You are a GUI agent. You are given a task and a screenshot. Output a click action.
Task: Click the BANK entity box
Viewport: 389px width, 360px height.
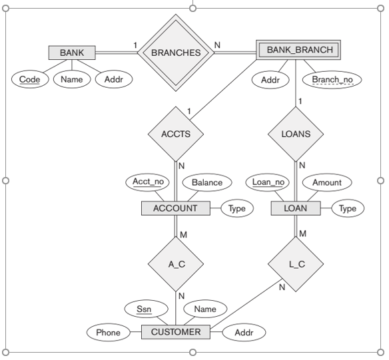click(72, 53)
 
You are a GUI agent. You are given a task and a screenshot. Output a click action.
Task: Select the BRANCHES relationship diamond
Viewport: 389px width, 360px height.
click(176, 53)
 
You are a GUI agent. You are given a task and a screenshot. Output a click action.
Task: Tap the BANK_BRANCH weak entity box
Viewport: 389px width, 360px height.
click(298, 50)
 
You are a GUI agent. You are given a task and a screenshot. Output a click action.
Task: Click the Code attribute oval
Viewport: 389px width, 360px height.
click(30, 80)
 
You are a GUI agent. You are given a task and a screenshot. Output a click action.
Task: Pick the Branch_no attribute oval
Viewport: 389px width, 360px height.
click(332, 80)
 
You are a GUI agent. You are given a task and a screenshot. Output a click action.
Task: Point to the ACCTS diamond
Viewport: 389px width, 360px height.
click(176, 134)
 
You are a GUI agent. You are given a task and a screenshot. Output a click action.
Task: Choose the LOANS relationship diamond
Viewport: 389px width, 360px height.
click(296, 134)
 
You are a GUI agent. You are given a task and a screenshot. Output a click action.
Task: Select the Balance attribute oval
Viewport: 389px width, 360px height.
click(207, 182)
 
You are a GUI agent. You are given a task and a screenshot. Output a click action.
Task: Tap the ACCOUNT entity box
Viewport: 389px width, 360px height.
click(175, 208)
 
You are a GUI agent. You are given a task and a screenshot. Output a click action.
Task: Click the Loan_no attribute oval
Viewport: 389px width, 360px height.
click(268, 182)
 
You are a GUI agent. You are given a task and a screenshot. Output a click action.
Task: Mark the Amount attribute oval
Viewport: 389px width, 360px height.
click(327, 182)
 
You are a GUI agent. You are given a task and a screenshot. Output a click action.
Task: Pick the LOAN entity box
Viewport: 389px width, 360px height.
click(296, 208)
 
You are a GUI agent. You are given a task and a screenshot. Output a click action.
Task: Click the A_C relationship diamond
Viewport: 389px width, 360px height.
click(176, 264)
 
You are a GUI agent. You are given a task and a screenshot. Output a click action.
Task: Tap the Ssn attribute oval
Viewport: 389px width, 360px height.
click(144, 309)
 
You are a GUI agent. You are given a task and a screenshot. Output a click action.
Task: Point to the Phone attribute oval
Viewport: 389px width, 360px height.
click(108, 332)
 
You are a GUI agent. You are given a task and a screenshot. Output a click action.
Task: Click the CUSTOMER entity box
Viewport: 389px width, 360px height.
click(176, 332)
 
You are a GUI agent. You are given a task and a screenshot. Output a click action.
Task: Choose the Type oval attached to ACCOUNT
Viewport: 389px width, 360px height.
click(237, 208)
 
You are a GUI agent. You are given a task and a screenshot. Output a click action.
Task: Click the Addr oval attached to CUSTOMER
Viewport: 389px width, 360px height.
click(244, 332)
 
